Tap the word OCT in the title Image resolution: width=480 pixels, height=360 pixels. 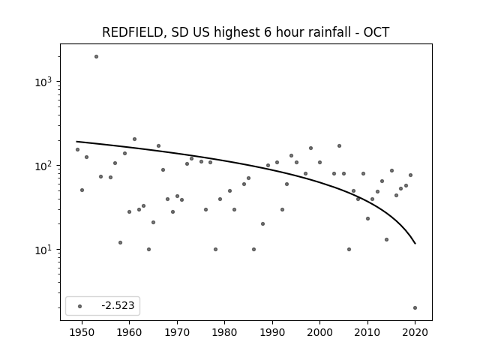pyautogui.click(x=376, y=32)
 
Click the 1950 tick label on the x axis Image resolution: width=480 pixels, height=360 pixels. pyautogui.click(x=82, y=332)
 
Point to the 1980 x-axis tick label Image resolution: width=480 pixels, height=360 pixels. pyautogui.click(x=224, y=332)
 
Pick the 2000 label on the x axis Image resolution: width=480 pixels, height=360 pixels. pyautogui.click(x=320, y=332)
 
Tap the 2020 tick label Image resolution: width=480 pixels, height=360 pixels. pyautogui.click(x=415, y=332)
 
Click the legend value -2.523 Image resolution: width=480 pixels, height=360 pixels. pyautogui.click(x=118, y=305)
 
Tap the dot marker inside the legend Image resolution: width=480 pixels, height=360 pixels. pyautogui.click(x=80, y=306)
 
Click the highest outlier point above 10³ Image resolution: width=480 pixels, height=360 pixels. pyautogui.click(x=96, y=57)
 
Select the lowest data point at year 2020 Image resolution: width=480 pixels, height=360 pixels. pyautogui.click(x=415, y=308)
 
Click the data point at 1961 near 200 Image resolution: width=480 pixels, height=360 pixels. pyautogui.click(x=134, y=139)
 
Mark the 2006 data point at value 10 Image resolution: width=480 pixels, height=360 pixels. pyautogui.click(x=349, y=250)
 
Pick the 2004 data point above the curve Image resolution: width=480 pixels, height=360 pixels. pyautogui.click(x=339, y=146)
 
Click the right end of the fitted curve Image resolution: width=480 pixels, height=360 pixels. pyautogui.click(x=415, y=244)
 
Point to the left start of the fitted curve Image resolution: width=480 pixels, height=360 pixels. pyautogui.click(x=76, y=142)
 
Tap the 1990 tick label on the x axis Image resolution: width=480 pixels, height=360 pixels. pyautogui.click(x=272, y=332)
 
